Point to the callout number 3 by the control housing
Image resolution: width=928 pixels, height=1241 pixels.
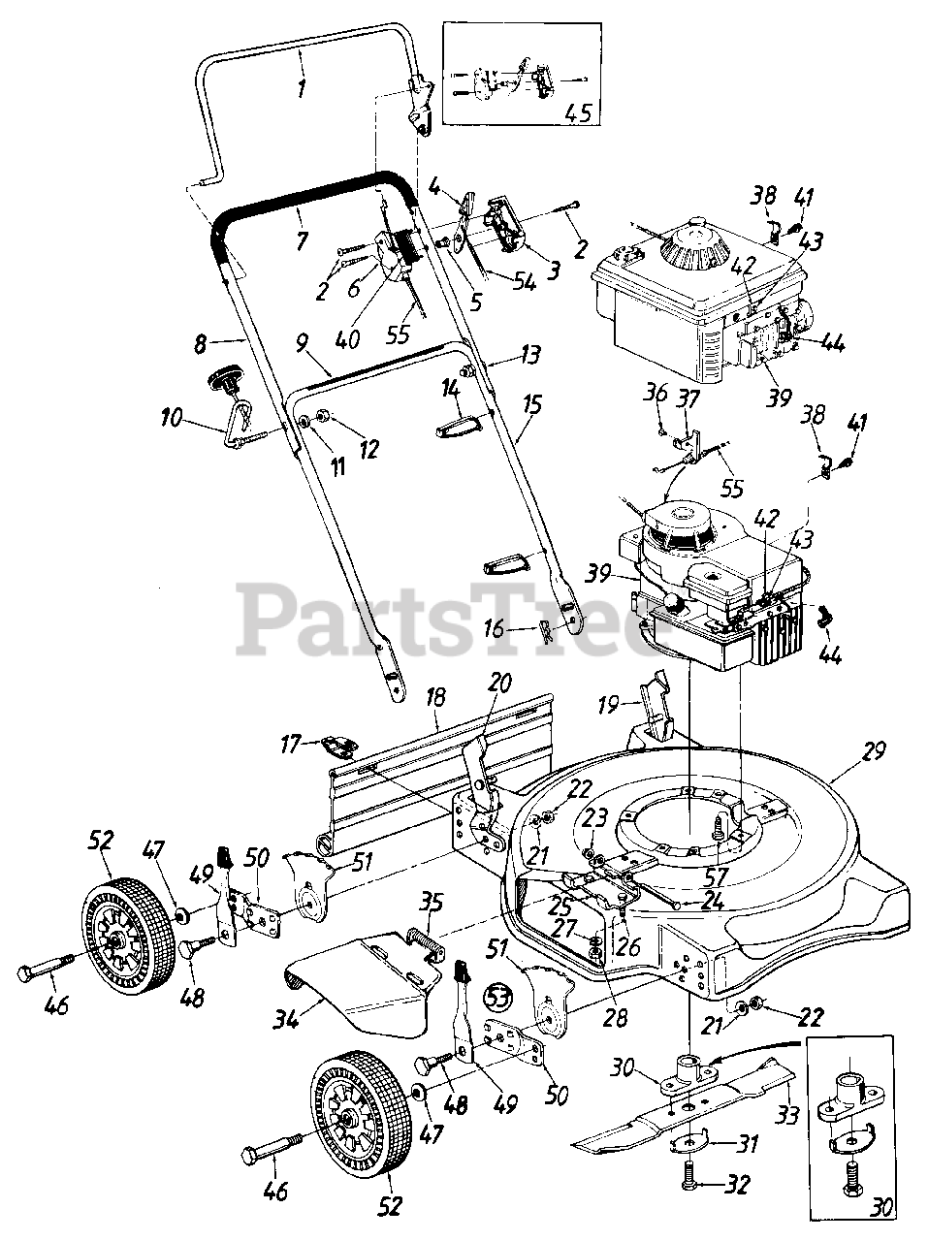pyautogui.click(x=554, y=270)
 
